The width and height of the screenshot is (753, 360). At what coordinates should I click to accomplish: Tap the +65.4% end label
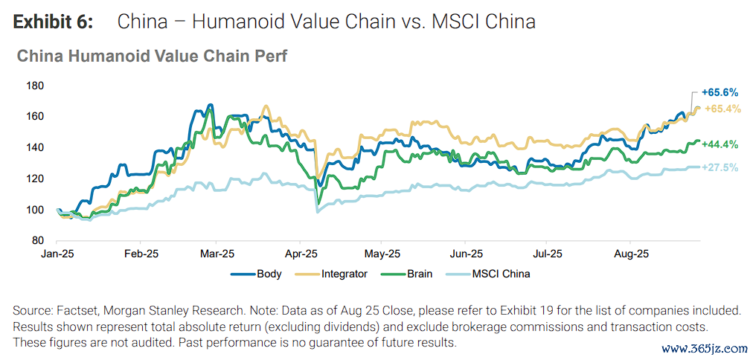pos(720,109)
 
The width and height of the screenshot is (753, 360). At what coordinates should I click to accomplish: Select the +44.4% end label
pos(720,144)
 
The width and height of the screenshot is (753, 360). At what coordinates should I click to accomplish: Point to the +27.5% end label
pos(720,168)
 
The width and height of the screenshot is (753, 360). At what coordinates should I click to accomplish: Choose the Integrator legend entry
pos(344,274)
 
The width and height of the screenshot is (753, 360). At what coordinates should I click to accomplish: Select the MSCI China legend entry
pos(503,274)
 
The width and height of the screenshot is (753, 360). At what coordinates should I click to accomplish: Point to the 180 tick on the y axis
pos(35,86)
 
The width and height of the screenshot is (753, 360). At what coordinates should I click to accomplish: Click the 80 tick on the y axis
pos(38,241)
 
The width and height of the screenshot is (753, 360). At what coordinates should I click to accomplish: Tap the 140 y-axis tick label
pos(35,148)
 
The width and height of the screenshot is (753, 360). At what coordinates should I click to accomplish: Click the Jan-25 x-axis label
pos(57,253)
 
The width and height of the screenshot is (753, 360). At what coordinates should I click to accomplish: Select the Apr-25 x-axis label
pos(298,253)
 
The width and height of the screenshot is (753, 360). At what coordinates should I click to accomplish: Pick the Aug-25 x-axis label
pos(631,253)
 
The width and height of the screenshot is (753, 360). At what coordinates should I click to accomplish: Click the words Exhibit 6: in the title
pos(53,22)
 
